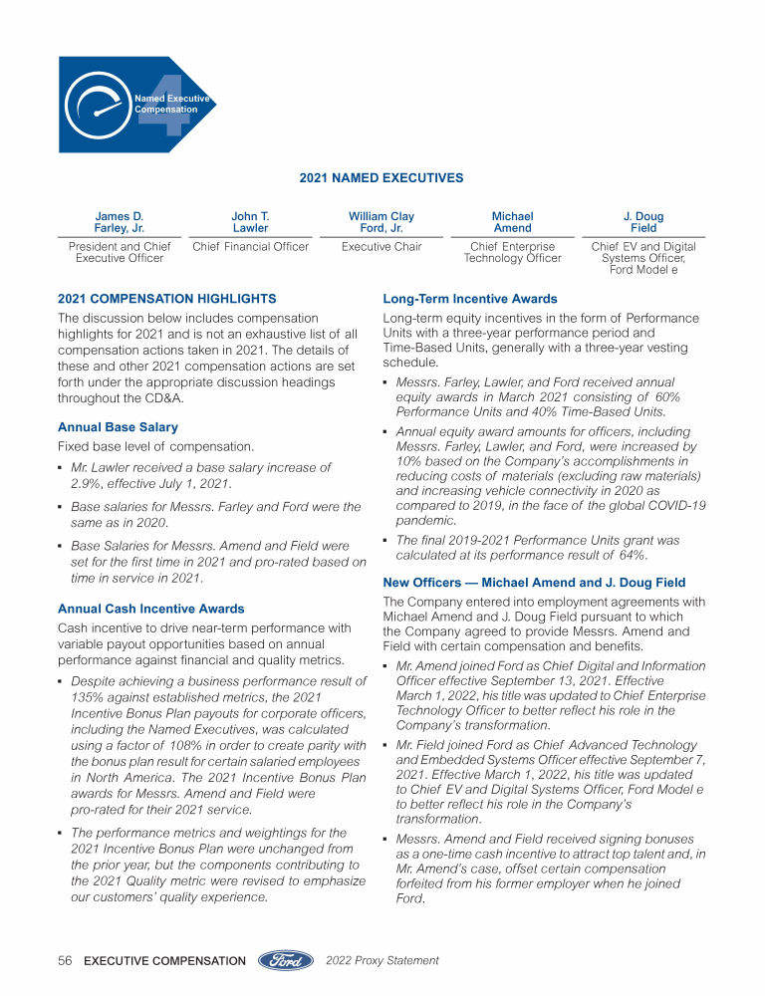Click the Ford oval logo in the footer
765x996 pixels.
tap(287, 961)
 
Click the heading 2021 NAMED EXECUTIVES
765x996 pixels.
tap(382, 178)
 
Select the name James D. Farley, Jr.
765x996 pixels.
tap(120, 222)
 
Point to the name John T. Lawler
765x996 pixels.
tap(250, 222)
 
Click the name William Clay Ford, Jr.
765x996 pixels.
tap(382, 222)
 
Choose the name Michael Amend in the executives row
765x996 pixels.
tap(512, 222)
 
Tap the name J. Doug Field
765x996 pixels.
tap(643, 222)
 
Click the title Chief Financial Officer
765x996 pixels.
tap(250, 247)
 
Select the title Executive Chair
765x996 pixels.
tap(382, 247)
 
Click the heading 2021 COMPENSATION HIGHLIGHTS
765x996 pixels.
tap(167, 299)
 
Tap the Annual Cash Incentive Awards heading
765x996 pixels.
tap(151, 609)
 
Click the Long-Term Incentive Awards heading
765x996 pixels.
tap(470, 299)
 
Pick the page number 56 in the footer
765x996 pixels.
tap(65, 961)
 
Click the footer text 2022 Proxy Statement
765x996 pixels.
tap(382, 961)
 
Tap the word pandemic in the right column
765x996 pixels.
tap(426, 520)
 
